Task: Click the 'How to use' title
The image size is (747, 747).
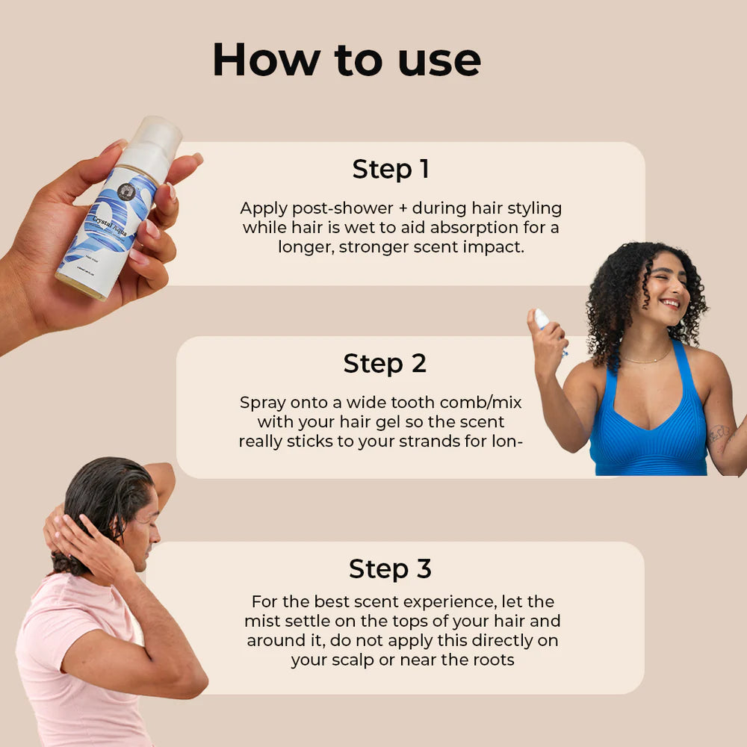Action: (347, 60)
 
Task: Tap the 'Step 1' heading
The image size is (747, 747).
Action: (390, 170)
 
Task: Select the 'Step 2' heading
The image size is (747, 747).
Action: (385, 364)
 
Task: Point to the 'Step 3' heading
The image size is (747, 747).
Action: (390, 569)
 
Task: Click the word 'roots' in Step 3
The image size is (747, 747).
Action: (492, 660)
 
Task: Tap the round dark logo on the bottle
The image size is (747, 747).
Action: (128, 190)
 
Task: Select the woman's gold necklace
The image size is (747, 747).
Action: (647, 359)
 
